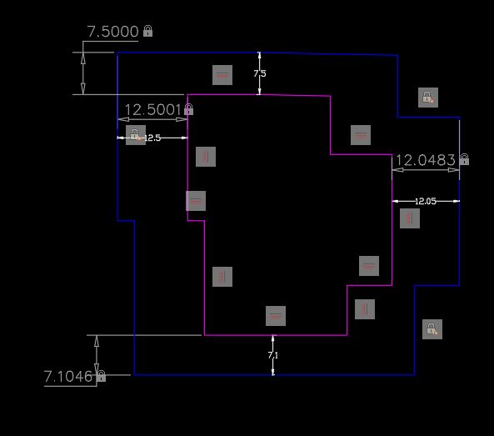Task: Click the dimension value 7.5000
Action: point(112,32)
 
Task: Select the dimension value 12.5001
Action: point(152,109)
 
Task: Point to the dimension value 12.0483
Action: point(425,159)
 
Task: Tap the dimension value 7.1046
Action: point(68,377)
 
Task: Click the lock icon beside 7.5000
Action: point(147,31)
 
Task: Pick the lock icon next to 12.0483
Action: point(464,159)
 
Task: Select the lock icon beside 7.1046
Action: point(101,377)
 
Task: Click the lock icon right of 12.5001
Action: point(189,109)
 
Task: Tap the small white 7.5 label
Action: point(260,74)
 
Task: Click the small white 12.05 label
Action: point(426,201)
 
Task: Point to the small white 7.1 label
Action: point(272,356)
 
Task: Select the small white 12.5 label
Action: point(152,138)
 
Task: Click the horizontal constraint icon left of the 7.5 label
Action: point(222,75)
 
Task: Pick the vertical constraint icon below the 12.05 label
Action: point(409,218)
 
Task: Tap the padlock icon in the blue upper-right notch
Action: point(427,98)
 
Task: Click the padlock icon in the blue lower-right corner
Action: point(431,329)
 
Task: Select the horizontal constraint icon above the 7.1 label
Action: point(276,316)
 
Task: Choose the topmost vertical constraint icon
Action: point(206,156)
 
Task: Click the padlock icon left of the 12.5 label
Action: point(135,135)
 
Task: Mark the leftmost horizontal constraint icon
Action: point(196,201)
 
